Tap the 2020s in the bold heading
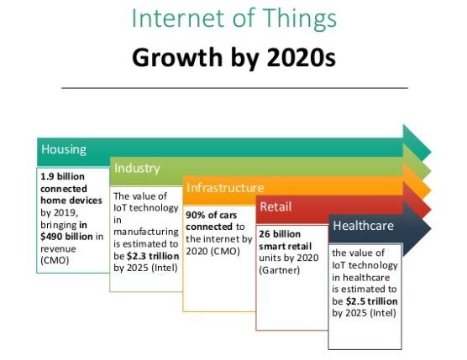click(x=301, y=57)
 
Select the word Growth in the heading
click(x=177, y=57)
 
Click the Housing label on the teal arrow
click(x=64, y=149)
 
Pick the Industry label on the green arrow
click(x=137, y=168)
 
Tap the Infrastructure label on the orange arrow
click(x=225, y=188)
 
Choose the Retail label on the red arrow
click(x=275, y=206)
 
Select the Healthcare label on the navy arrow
click(x=364, y=226)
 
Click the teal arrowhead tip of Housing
click(x=431, y=152)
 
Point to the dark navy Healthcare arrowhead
click(x=417, y=228)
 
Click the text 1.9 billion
click(x=62, y=176)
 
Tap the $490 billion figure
click(x=66, y=237)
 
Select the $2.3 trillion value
click(x=153, y=256)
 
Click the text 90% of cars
click(x=212, y=215)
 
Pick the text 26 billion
click(x=280, y=234)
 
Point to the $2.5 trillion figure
click(x=372, y=301)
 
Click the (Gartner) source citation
click(x=280, y=270)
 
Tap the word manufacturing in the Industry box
click(x=146, y=232)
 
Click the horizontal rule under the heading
click(x=234, y=88)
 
